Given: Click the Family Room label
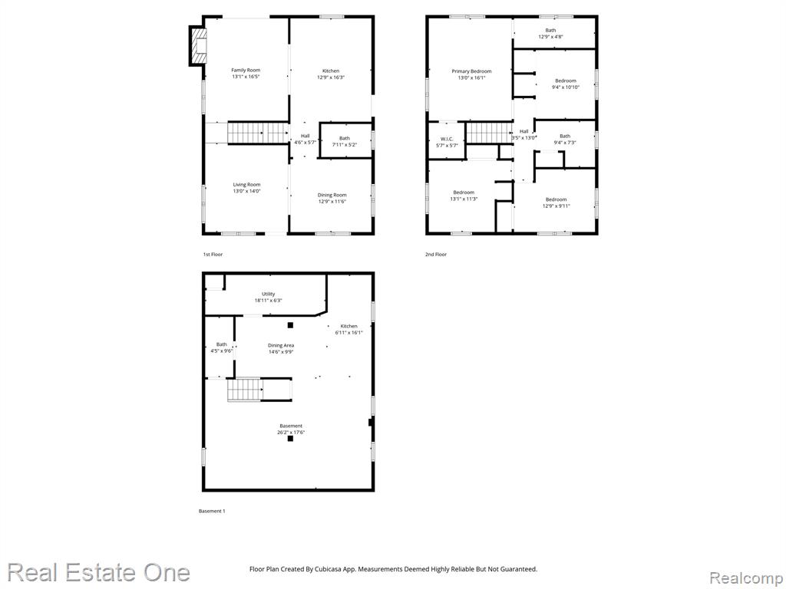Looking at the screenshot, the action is pyautogui.click(x=246, y=70).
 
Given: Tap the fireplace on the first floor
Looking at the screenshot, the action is pyautogui.click(x=198, y=45).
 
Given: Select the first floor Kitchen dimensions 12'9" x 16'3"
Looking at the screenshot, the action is pyautogui.click(x=331, y=77).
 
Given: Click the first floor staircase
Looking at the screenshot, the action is pyautogui.click(x=258, y=133).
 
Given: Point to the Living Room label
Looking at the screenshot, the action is pyautogui.click(x=246, y=184).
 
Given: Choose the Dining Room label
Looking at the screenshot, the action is pyautogui.click(x=332, y=195).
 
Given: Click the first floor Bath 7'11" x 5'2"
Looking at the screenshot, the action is pyautogui.click(x=345, y=141).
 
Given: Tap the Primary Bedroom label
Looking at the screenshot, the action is pyautogui.click(x=471, y=71).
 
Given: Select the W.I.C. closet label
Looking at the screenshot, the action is pyautogui.click(x=447, y=139).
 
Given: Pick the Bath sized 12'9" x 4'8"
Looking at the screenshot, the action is pyautogui.click(x=550, y=34).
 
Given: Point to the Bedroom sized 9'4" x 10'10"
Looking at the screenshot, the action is pyautogui.click(x=566, y=84).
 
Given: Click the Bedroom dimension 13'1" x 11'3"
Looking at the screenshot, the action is pyautogui.click(x=464, y=199).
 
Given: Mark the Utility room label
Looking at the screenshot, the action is pyautogui.click(x=268, y=294).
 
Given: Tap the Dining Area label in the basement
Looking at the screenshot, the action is pyautogui.click(x=281, y=345).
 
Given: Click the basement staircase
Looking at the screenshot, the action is pyautogui.click(x=245, y=390).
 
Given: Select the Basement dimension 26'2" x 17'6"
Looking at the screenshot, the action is pyautogui.click(x=291, y=433).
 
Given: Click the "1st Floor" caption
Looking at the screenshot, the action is pyautogui.click(x=213, y=255).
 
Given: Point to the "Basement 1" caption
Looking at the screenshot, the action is pyautogui.click(x=212, y=511).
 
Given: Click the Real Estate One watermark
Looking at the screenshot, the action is pyautogui.click(x=99, y=572).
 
